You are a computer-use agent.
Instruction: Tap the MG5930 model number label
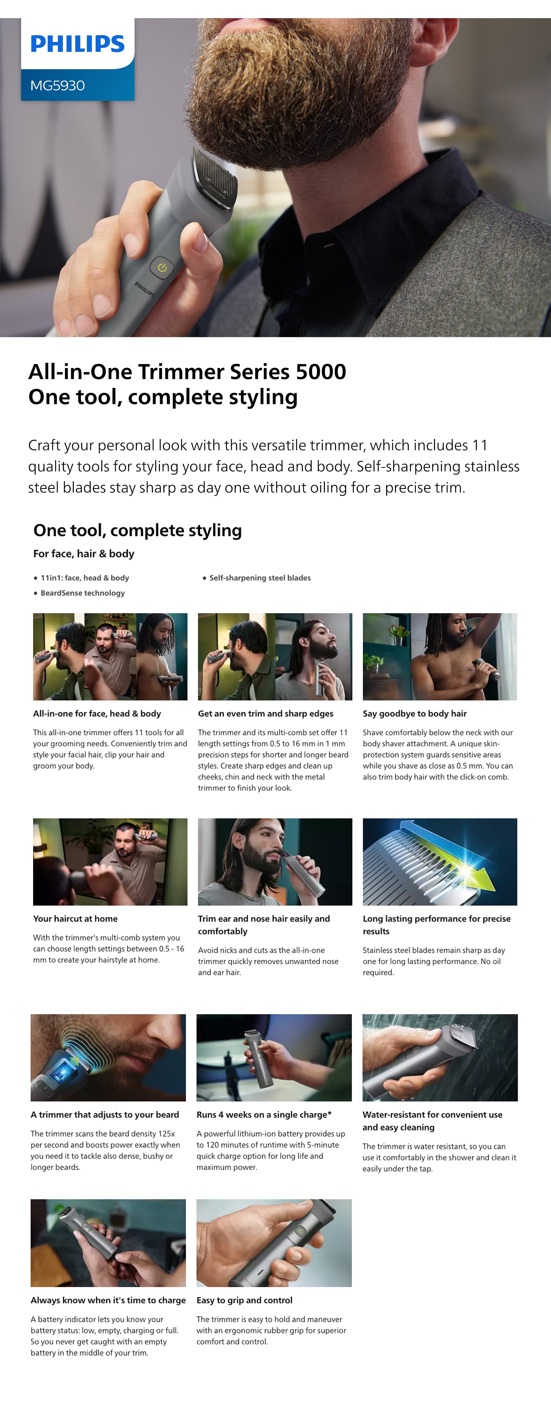click(x=57, y=86)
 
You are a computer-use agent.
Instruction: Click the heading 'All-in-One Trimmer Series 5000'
click(x=187, y=371)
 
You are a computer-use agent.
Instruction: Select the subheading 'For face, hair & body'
click(x=83, y=554)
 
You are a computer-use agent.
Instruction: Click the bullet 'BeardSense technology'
click(x=82, y=593)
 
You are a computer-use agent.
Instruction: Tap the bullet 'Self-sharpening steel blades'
click(x=260, y=577)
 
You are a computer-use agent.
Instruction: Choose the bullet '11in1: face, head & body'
click(x=85, y=577)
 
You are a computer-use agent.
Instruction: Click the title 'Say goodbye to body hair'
click(x=415, y=714)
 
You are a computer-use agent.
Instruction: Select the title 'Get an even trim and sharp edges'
click(x=266, y=714)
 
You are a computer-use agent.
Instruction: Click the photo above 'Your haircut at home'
click(x=110, y=862)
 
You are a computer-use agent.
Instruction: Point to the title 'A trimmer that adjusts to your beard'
click(x=105, y=1115)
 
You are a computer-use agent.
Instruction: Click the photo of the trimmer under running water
click(x=440, y=1057)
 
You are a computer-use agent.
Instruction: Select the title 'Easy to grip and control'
click(x=244, y=1300)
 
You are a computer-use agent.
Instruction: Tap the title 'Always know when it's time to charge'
click(x=108, y=1300)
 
